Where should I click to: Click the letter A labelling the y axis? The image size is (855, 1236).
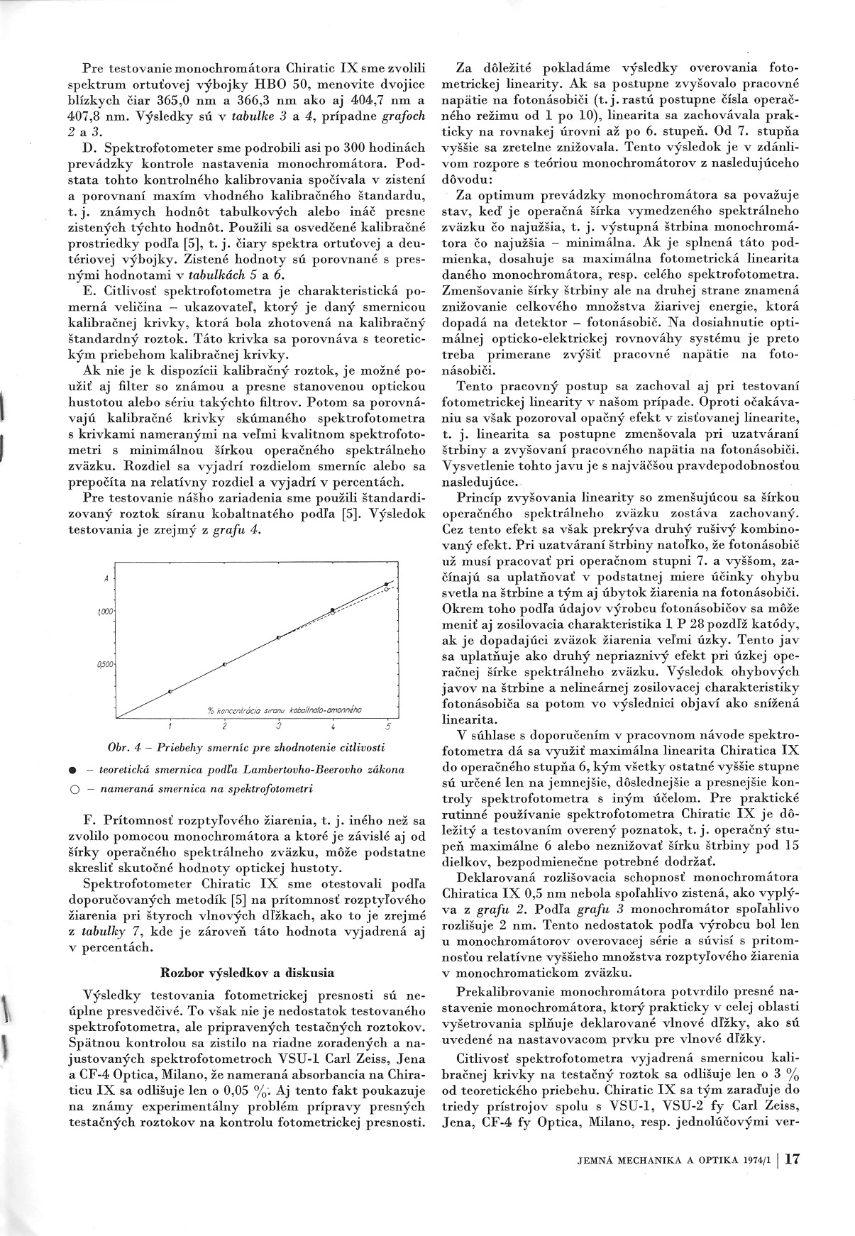coord(106,579)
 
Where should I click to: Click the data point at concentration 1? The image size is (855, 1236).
coord(170,691)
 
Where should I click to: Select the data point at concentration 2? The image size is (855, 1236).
coord(225,664)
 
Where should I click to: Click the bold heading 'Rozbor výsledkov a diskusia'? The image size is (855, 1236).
coord(248,972)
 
